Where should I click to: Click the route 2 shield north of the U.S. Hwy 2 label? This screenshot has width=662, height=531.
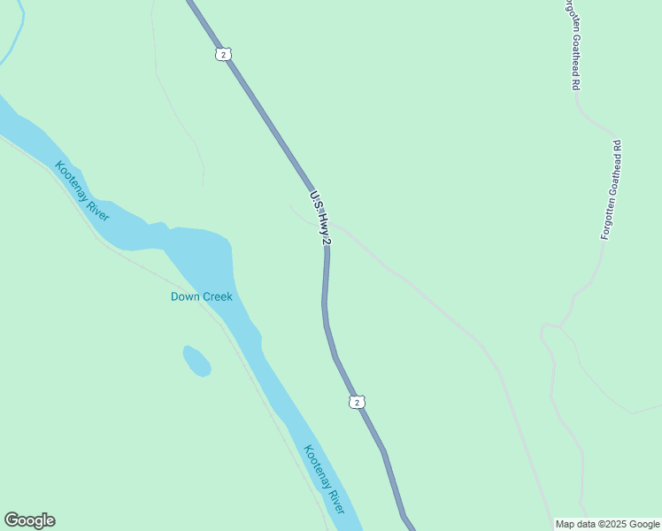[x=223, y=55]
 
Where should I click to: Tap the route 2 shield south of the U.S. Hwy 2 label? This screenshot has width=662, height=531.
[x=356, y=403]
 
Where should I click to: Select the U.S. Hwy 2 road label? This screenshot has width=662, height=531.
[x=320, y=217]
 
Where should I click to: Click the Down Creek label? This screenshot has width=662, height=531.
[x=201, y=296]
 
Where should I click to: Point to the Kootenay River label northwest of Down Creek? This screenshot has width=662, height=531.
[x=81, y=191]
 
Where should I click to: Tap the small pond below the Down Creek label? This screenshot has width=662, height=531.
[x=196, y=360]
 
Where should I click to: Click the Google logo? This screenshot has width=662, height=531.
[x=29, y=520]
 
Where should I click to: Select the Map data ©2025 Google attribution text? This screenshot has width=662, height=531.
[x=607, y=524]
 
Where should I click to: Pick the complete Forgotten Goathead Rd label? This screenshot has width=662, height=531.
[x=612, y=189]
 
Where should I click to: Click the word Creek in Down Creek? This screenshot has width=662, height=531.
[x=218, y=296]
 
